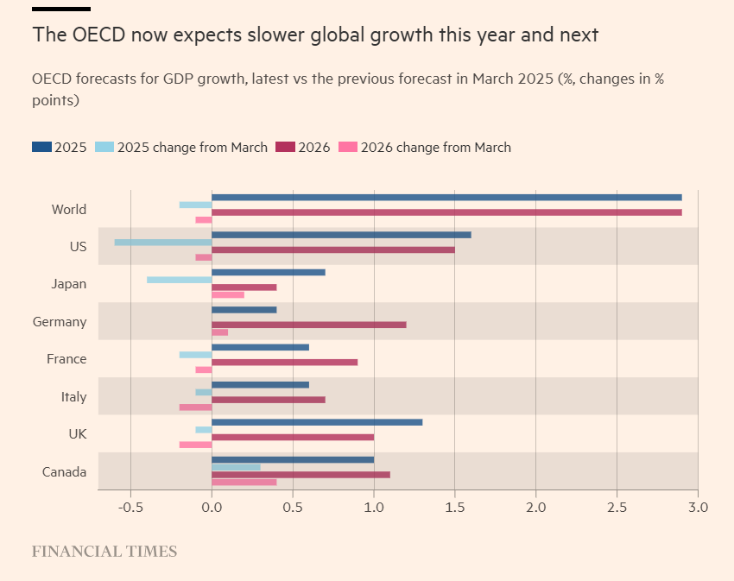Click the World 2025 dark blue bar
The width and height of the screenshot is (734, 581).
click(446, 198)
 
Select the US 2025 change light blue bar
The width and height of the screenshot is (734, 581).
click(163, 243)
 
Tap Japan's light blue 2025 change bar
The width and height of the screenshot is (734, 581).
click(180, 280)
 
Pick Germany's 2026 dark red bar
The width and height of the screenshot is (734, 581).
click(309, 325)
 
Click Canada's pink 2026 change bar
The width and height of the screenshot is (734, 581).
click(244, 482)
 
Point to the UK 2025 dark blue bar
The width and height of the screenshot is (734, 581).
click(317, 422)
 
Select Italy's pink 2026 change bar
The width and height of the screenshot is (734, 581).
click(196, 407)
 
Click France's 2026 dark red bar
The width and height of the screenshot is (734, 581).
click(285, 362)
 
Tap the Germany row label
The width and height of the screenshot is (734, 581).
click(60, 322)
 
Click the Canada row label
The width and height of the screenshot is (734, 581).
click(65, 472)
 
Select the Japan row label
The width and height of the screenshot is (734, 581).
click(68, 284)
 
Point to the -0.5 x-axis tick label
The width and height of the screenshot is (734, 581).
click(130, 508)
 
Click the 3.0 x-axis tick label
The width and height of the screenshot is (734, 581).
click(698, 508)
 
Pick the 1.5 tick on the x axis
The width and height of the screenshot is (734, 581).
click(454, 508)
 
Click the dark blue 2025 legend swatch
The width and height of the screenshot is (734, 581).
click(41, 147)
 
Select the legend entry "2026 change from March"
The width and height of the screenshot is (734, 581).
click(435, 148)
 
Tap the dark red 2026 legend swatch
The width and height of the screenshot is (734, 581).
click(285, 147)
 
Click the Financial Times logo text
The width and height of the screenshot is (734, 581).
click(104, 551)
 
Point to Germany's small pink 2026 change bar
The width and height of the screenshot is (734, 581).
click(220, 332)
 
